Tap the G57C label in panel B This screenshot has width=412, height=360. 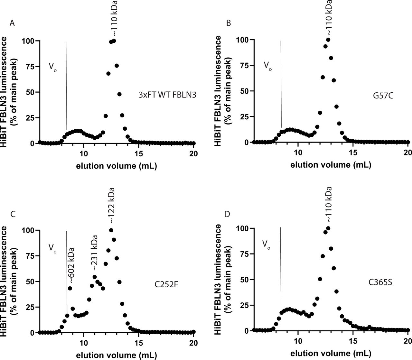click(377, 95)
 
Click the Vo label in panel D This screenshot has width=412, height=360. click(266, 245)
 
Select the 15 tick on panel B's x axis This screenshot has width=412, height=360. click(353, 151)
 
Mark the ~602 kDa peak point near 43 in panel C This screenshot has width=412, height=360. click(70, 288)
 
